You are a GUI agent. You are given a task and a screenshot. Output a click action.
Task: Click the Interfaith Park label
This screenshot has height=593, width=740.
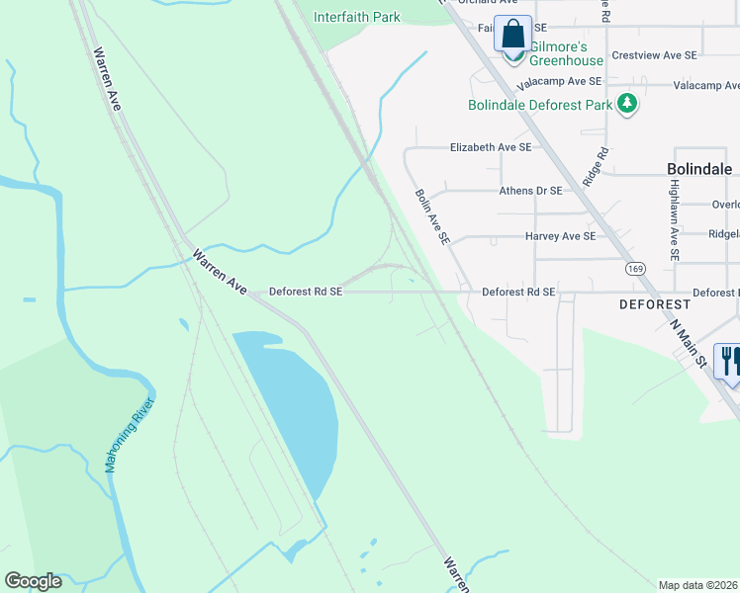pos(357,17)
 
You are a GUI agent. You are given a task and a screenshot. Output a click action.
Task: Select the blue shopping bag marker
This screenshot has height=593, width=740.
pos(513,36)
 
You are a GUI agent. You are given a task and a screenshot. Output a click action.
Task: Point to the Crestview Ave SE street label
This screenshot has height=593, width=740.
pos(654,55)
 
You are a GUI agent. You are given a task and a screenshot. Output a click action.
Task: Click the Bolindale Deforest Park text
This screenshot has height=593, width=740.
pos(539,104)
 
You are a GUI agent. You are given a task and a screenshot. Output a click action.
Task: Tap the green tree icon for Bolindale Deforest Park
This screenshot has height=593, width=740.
pos(625,103)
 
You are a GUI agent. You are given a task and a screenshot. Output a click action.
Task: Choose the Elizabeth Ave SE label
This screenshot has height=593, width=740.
pos(491,147)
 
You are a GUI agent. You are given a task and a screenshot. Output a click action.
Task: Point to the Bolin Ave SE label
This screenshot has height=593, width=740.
pos(433,217)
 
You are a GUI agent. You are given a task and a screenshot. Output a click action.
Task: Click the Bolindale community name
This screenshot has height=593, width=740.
pos(694,169)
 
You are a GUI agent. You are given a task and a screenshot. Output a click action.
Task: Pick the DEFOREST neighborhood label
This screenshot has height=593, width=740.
pos(654,304)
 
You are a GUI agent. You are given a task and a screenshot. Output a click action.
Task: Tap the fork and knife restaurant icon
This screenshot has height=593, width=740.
pos(730,360)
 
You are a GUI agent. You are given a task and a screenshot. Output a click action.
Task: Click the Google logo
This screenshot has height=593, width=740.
pos(33,581)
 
